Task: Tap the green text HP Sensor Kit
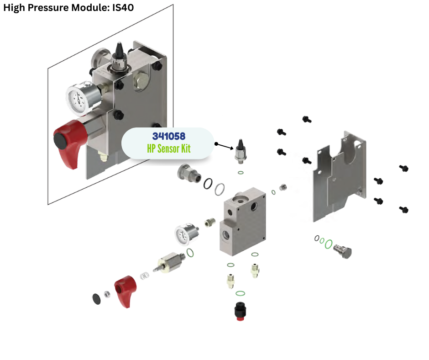point(168,148)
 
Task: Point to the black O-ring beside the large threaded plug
point(209,183)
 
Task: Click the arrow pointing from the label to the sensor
point(223,146)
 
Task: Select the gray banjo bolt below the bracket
point(343,250)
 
